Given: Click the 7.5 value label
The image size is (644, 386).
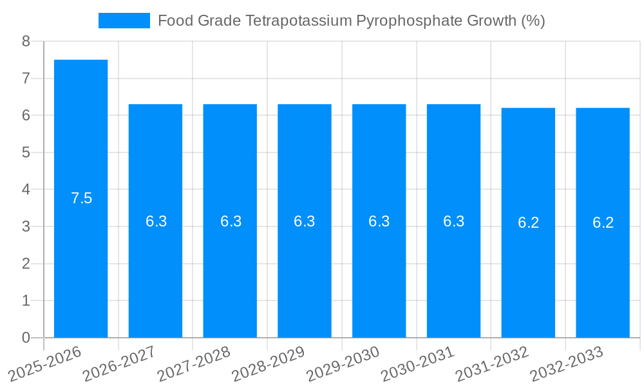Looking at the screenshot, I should tap(81, 198).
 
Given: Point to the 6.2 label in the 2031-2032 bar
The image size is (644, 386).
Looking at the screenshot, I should tap(528, 223).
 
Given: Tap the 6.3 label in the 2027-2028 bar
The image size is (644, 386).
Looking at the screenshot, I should tap(231, 221).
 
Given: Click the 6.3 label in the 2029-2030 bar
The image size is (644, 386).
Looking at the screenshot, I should tap(379, 221).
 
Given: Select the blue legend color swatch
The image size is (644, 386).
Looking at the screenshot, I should tap(124, 21).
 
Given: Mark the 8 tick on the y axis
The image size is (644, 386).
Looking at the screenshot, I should tap(26, 41).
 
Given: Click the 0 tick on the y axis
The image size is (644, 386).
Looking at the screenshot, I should tap(26, 338).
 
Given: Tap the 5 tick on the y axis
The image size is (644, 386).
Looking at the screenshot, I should tap(26, 152).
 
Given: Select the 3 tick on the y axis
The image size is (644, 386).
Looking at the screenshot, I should tap(26, 226).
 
